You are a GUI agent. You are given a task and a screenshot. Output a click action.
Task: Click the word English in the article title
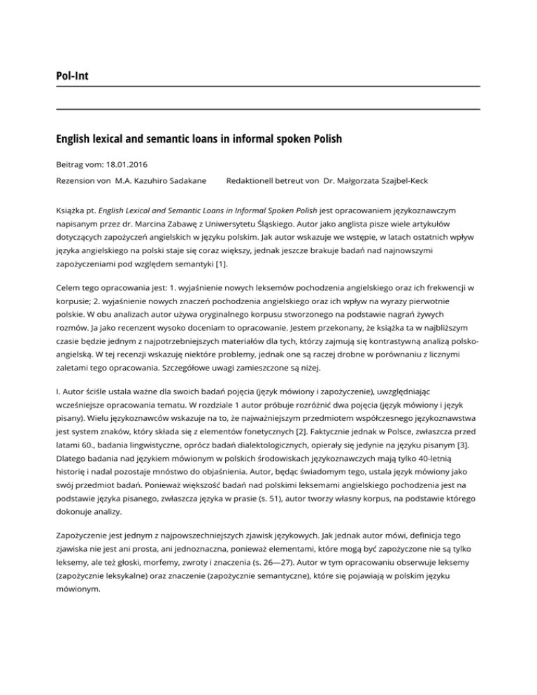(x=76, y=138)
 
